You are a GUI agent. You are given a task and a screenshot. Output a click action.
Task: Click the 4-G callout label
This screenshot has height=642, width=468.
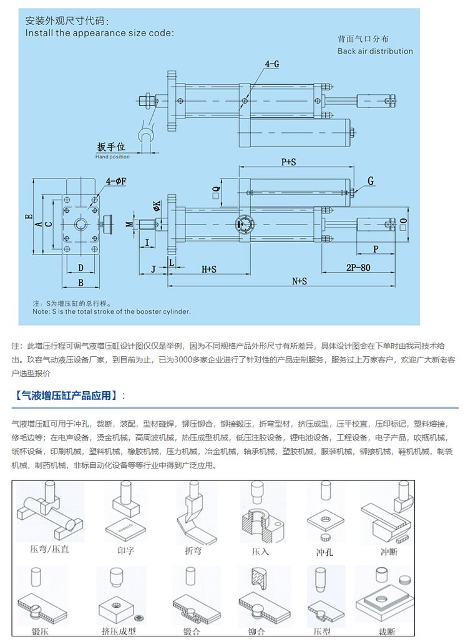[x=272, y=64]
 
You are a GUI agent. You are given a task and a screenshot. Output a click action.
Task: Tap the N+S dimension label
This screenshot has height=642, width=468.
[x=300, y=281]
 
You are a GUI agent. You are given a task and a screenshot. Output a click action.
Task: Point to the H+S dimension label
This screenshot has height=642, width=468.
[x=208, y=270]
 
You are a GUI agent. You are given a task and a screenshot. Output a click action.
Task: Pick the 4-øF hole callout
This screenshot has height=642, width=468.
[x=116, y=181]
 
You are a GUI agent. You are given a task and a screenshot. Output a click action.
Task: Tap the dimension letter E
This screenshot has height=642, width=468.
[x=29, y=217]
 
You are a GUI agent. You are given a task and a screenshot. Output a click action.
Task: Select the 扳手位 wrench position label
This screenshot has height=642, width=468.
[x=112, y=147]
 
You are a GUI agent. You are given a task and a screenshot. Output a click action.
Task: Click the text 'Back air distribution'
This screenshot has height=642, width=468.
[x=375, y=51]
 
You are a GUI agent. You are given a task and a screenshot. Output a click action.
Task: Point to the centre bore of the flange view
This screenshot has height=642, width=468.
[x=82, y=224]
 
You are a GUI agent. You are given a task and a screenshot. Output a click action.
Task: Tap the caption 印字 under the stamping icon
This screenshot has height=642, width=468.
[x=125, y=551]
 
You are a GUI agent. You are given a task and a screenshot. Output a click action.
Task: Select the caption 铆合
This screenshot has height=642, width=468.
[x=256, y=631]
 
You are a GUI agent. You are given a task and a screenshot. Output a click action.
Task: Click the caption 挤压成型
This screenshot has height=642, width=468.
[x=119, y=631]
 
